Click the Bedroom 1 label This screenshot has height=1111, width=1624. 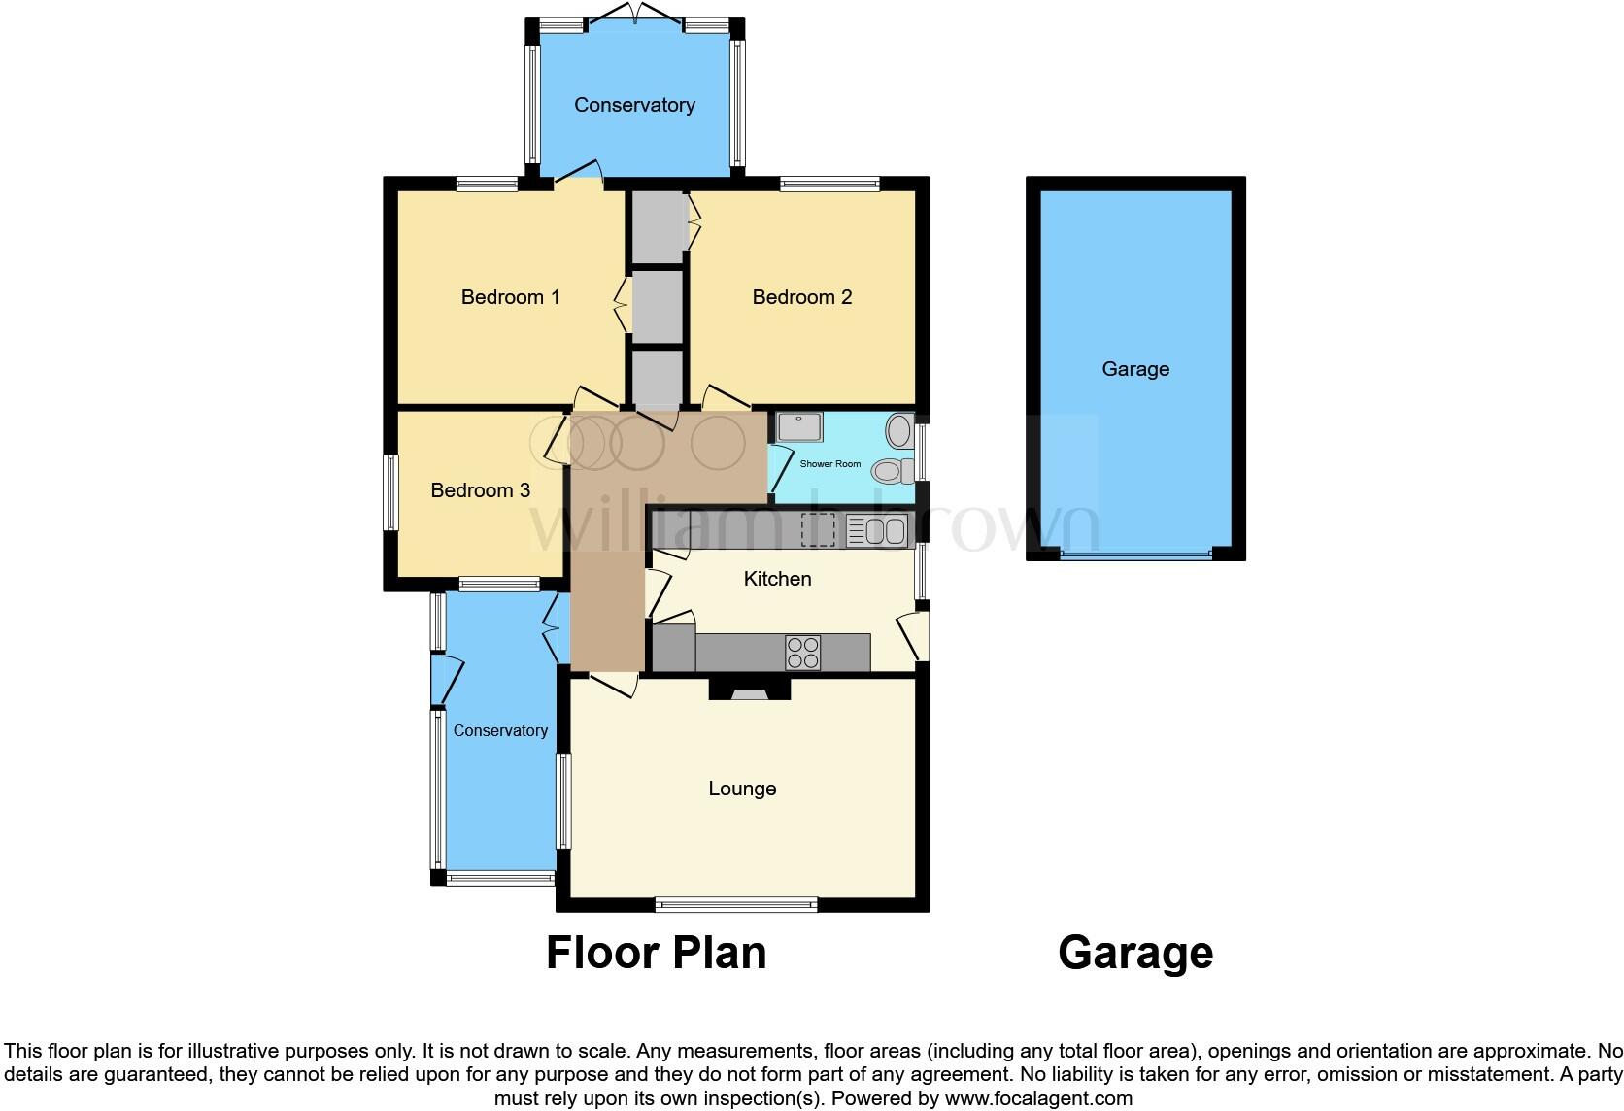510,297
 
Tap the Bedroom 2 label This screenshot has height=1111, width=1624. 802,297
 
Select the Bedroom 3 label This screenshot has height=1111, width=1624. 480,490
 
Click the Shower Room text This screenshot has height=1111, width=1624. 829,464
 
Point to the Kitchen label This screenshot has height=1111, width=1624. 777,579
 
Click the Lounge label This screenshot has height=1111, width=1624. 742,789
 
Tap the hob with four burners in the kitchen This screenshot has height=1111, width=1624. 802,653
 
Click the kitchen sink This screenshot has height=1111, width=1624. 876,531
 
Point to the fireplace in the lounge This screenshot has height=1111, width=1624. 749,690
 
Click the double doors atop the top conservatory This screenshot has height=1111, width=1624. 634,16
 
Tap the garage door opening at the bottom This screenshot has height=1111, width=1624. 1135,556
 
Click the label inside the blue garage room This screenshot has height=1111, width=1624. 1135,369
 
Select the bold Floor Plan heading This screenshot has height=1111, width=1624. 656,953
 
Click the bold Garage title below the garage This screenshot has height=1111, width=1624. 1135,953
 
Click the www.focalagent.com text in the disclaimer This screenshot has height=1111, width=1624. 1037,1099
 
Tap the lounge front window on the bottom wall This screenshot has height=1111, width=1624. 736,904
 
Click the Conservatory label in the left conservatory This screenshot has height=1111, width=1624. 500,731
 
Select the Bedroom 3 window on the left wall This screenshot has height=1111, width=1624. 390,492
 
